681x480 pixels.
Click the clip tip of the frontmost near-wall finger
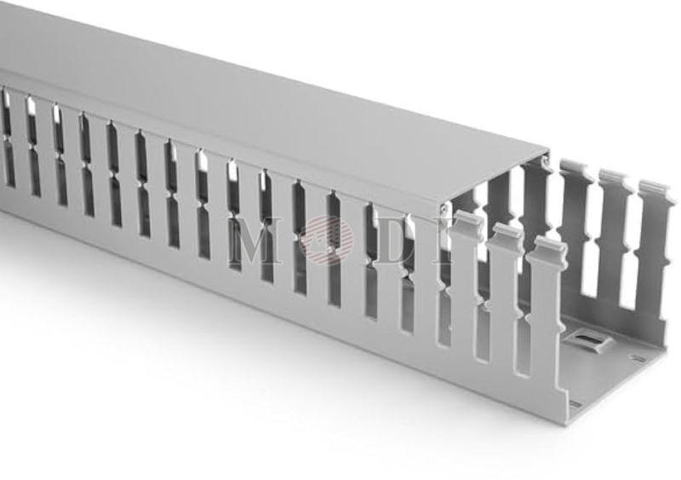pyautogui.click(x=548, y=249)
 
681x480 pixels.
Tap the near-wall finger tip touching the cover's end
pyautogui.click(x=467, y=222)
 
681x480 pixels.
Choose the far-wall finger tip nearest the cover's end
pyautogui.click(x=575, y=169)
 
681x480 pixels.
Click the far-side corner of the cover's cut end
pyautogui.click(x=546, y=153)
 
